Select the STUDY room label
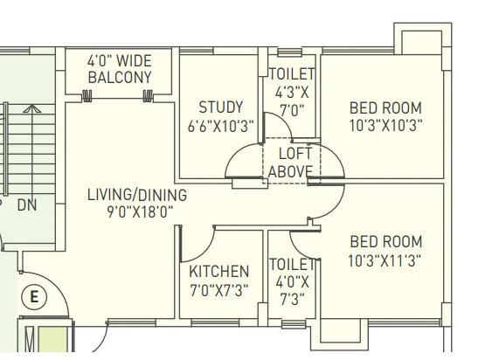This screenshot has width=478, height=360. [x=220, y=107]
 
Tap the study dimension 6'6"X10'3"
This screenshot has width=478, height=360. [x=220, y=126]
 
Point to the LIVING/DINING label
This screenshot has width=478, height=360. [x=130, y=193]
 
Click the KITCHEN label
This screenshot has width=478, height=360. [x=219, y=272]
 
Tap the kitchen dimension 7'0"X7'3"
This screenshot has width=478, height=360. [x=219, y=290]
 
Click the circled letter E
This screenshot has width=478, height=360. [x=34, y=297]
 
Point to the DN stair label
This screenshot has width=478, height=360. [x=27, y=205]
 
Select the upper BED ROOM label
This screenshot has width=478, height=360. [x=384, y=107]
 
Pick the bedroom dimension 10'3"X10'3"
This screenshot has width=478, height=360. [x=384, y=125]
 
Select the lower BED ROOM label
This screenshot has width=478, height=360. [x=384, y=241]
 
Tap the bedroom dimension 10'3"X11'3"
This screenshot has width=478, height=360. [x=384, y=260]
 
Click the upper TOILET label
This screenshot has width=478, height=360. [x=292, y=75]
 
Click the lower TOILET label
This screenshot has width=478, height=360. [x=291, y=264]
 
